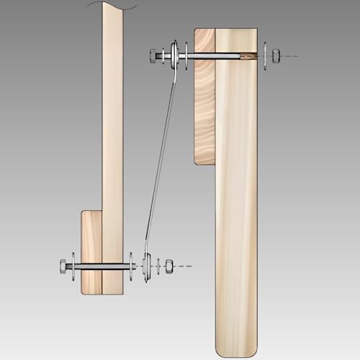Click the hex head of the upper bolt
click(x=154, y=55)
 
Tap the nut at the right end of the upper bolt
click(x=277, y=55)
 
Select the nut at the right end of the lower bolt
click(x=168, y=266)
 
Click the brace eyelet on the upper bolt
click(x=174, y=55)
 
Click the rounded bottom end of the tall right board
click(x=236, y=346)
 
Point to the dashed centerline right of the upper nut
click(x=289, y=55)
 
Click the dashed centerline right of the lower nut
click(x=184, y=266)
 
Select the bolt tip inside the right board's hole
click(x=248, y=55)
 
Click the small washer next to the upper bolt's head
click(x=164, y=55)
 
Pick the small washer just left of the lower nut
click(x=158, y=266)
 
